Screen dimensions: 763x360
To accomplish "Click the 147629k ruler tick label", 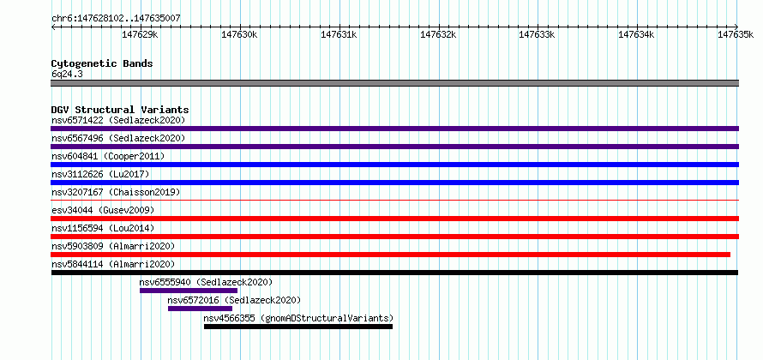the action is (140, 34).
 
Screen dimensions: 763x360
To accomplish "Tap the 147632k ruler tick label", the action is (438, 34).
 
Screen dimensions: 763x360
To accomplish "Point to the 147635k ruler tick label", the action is (736, 34).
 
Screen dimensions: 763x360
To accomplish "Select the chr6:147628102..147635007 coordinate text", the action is (116, 18).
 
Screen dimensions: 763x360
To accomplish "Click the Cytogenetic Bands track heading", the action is (102, 63).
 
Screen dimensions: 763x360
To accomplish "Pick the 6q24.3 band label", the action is (63, 75).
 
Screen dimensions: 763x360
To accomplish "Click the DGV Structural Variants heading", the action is (120, 110).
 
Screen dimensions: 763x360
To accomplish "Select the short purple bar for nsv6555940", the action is (189, 291).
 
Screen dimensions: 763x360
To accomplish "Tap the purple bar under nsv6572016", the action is (200, 309).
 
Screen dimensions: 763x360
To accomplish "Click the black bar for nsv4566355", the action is (298, 327).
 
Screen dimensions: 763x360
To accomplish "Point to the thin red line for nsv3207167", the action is (395, 200).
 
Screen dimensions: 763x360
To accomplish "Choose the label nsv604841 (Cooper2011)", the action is (108, 156).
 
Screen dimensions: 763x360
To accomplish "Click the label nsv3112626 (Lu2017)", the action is (100, 174).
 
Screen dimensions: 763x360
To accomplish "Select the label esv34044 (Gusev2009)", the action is (103, 210).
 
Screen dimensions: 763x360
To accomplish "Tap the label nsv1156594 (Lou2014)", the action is (103, 228).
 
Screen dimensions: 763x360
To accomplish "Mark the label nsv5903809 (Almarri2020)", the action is (113, 246).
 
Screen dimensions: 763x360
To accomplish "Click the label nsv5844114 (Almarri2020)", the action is (113, 264).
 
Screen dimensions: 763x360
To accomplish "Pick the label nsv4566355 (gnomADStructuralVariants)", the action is (298, 319).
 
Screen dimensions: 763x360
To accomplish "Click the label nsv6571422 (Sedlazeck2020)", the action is (118, 120).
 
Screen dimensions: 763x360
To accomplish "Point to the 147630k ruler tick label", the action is (239, 34).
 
